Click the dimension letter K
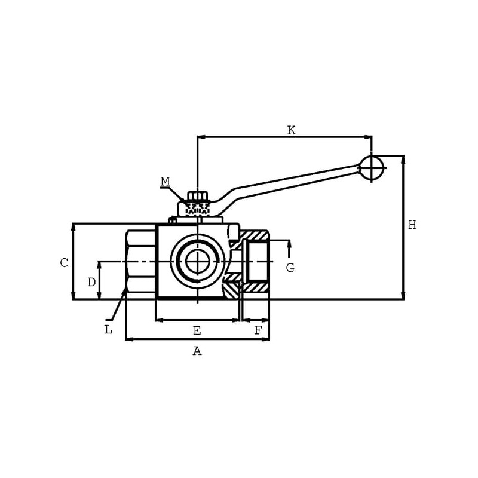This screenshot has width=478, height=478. (292, 130)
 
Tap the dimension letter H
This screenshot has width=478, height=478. (412, 225)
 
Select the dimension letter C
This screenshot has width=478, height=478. (64, 262)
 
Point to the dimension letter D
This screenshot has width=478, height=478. (91, 282)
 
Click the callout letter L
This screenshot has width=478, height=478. (108, 330)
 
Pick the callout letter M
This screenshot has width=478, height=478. (166, 182)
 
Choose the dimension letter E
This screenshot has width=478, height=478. (197, 330)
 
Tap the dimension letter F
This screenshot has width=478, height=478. (258, 330)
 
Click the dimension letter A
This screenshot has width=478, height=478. (197, 351)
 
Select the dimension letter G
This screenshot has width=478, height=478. (290, 268)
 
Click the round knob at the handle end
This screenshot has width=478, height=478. (371, 168)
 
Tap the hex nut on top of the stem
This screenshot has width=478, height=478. (198, 195)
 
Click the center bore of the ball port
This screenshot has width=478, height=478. (198, 262)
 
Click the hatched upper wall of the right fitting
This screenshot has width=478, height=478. (253, 235)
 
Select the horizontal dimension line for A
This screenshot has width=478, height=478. (198, 339)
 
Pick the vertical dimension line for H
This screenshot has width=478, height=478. (403, 228)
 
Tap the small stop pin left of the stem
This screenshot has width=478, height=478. (173, 220)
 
